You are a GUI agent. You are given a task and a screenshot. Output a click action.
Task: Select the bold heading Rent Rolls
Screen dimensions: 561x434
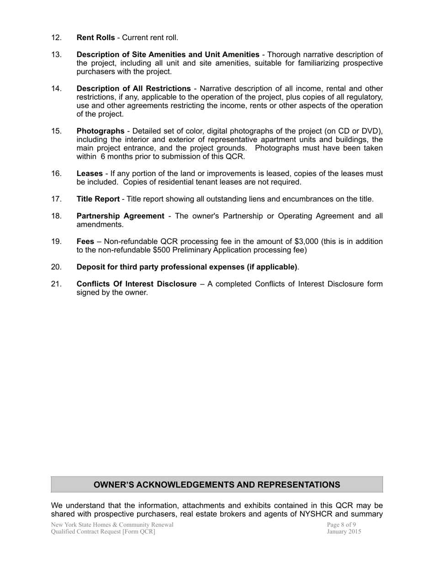click(x=95, y=37)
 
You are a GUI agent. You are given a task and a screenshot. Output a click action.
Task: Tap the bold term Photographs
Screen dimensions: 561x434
click(x=100, y=131)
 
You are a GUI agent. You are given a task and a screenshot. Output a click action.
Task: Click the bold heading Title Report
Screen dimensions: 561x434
click(x=98, y=199)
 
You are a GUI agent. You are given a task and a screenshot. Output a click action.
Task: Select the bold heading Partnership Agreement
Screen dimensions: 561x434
click(x=120, y=216)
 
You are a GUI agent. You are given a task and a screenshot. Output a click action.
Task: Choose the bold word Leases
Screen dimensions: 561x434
click(x=89, y=173)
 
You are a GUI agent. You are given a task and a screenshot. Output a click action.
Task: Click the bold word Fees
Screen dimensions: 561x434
click(x=85, y=241)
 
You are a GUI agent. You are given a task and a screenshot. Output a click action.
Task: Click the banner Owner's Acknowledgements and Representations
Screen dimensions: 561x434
click(x=217, y=485)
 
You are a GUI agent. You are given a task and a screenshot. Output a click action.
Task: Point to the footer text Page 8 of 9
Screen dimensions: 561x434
click(x=341, y=525)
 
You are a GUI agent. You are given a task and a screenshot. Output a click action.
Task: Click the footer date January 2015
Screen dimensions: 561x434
click(x=344, y=531)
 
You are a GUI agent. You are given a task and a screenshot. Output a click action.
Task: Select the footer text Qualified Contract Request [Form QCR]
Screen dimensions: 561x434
click(x=103, y=531)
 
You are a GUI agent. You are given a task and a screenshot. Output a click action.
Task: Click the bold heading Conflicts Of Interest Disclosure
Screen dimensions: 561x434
click(x=136, y=284)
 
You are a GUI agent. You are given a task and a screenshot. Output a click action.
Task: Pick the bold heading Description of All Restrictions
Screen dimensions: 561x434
click(x=133, y=88)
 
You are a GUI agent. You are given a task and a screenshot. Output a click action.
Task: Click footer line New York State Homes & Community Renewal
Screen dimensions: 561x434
click(x=112, y=525)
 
